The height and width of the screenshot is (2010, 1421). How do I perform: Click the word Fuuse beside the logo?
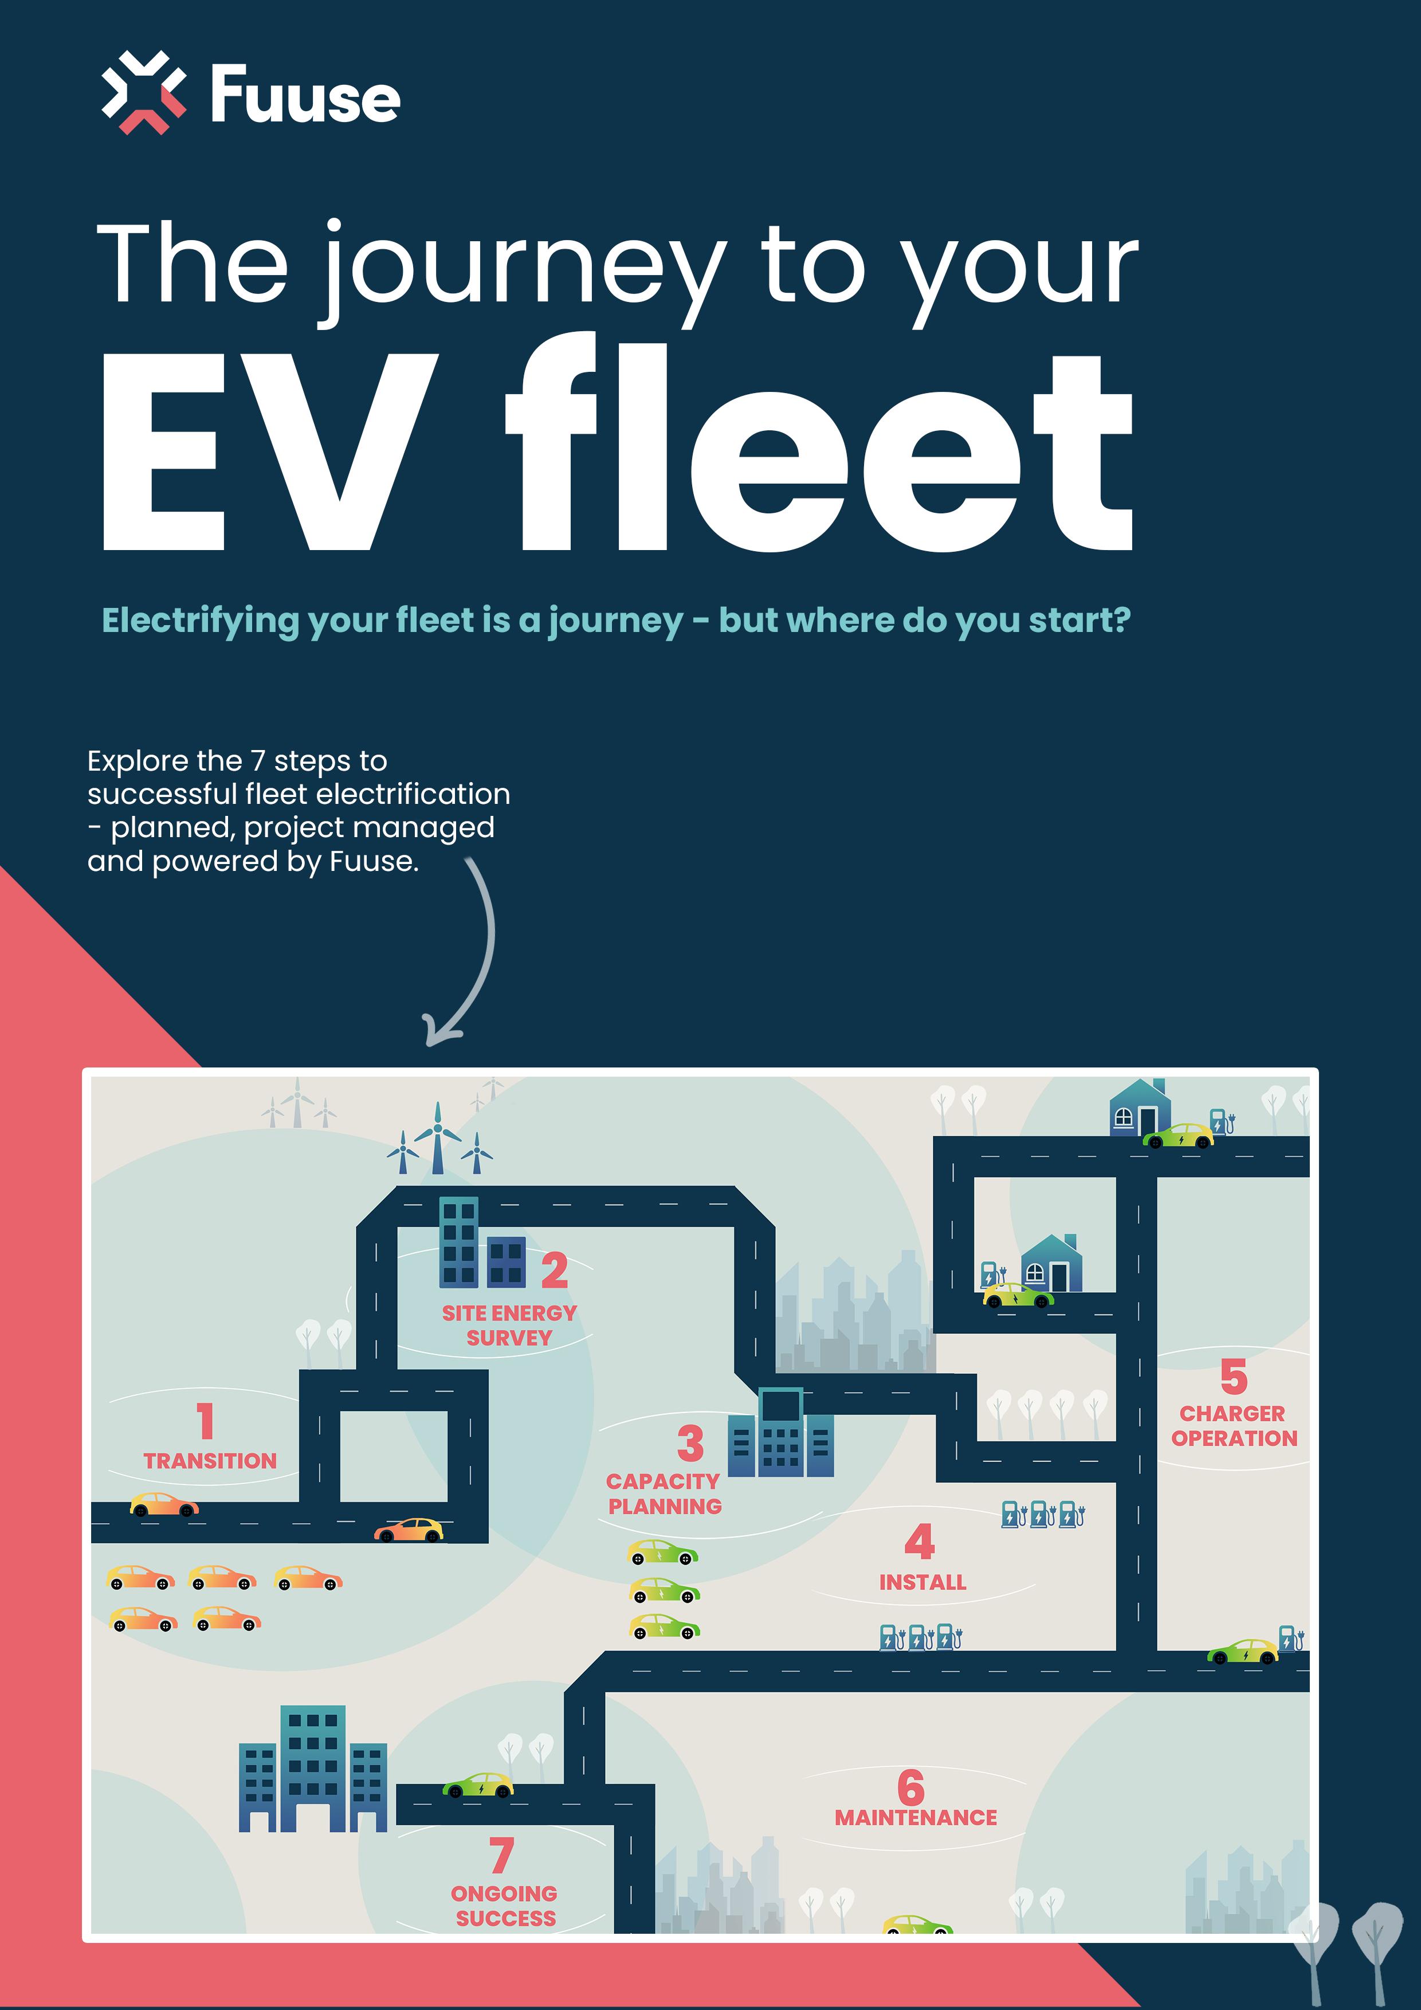[x=305, y=96]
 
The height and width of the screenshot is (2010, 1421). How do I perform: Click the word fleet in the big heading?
[x=819, y=446]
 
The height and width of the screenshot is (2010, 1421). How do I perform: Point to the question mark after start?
[x=1117, y=620]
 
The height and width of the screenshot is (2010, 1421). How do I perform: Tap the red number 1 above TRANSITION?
[x=205, y=1421]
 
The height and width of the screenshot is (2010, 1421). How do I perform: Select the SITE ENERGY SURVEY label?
[x=509, y=1325]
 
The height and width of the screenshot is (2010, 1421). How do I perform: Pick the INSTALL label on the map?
[x=922, y=1582]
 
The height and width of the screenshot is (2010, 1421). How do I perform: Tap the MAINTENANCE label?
[x=915, y=1818]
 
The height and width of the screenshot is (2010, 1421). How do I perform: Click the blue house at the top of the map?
[x=1139, y=1109]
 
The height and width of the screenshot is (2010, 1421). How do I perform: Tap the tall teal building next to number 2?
[x=458, y=1242]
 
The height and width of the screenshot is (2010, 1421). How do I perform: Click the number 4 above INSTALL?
[x=918, y=1542]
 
